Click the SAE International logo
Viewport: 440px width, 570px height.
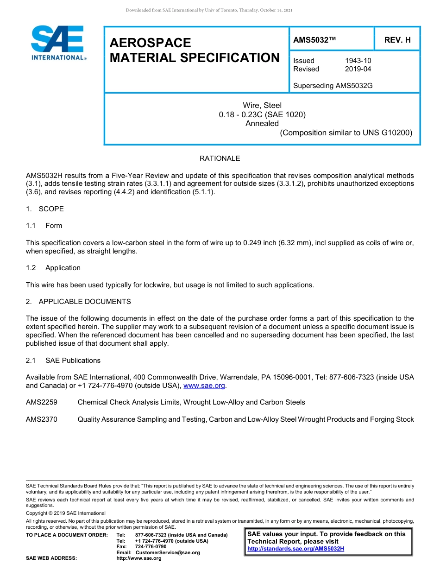click(58, 43)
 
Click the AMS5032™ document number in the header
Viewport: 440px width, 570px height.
click(314, 40)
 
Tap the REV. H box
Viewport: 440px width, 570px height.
click(397, 40)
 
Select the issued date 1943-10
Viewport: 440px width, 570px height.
click(358, 61)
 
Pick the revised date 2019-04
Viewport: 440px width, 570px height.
click(358, 69)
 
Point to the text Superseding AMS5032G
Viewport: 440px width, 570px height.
click(333, 86)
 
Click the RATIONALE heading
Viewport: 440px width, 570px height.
click(220, 158)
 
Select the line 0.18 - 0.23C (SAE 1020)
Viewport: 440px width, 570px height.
click(262, 114)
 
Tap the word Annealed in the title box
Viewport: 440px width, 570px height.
click(262, 123)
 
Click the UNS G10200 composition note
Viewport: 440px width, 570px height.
click(346, 133)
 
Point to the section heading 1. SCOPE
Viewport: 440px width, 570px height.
click(45, 209)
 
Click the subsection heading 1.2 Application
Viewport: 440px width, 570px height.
click(53, 268)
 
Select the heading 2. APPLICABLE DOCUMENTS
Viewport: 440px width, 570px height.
click(78, 302)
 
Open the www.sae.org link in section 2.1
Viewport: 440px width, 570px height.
click(204, 386)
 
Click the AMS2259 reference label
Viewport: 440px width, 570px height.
click(42, 402)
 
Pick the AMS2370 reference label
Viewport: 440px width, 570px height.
click(42, 419)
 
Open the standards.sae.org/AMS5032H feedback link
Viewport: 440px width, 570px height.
click(295, 549)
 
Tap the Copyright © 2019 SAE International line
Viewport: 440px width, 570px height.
click(66, 513)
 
